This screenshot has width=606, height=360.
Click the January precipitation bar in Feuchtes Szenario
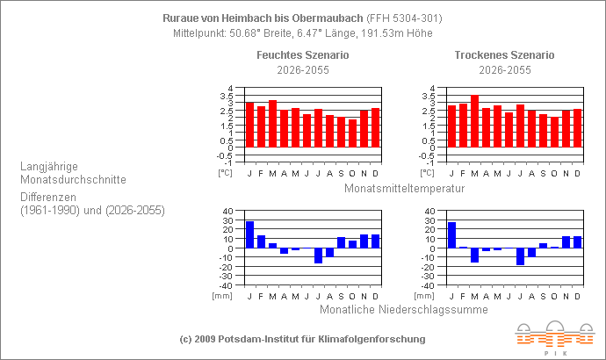point(249,234)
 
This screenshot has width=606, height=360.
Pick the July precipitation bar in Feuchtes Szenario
point(318,256)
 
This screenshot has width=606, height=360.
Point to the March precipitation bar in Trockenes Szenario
point(474,255)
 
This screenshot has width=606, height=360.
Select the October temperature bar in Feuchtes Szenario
point(352,133)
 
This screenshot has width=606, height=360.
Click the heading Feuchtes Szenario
point(302,55)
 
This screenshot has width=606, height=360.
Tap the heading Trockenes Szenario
point(504,55)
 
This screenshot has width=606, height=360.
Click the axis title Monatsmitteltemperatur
point(403,188)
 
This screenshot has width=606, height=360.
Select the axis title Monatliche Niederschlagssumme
point(403,308)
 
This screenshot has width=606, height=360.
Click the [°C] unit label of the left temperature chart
point(225,173)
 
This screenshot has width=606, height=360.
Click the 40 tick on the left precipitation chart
point(227,211)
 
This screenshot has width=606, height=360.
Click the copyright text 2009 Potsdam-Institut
point(302,338)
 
